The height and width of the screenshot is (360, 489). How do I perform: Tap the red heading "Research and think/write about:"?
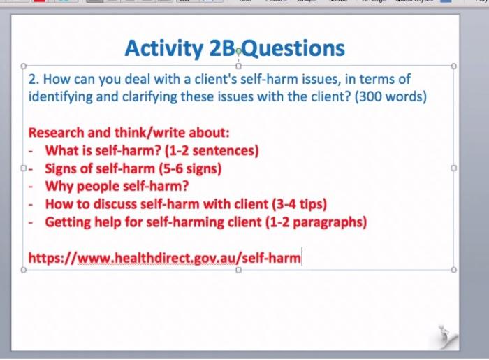pyautogui.click(x=129, y=132)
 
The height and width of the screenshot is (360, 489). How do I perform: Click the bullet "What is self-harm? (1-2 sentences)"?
pyautogui.click(x=152, y=150)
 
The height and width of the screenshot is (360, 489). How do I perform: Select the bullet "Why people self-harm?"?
pyautogui.click(x=117, y=187)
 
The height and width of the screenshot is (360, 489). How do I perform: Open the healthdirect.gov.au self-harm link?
pyautogui.click(x=164, y=259)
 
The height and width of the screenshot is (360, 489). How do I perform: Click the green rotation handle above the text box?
pyautogui.click(x=239, y=50)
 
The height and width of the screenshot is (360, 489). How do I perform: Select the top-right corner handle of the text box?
pyautogui.click(x=454, y=66)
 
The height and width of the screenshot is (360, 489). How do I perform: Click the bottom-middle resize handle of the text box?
pyautogui.click(x=238, y=271)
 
